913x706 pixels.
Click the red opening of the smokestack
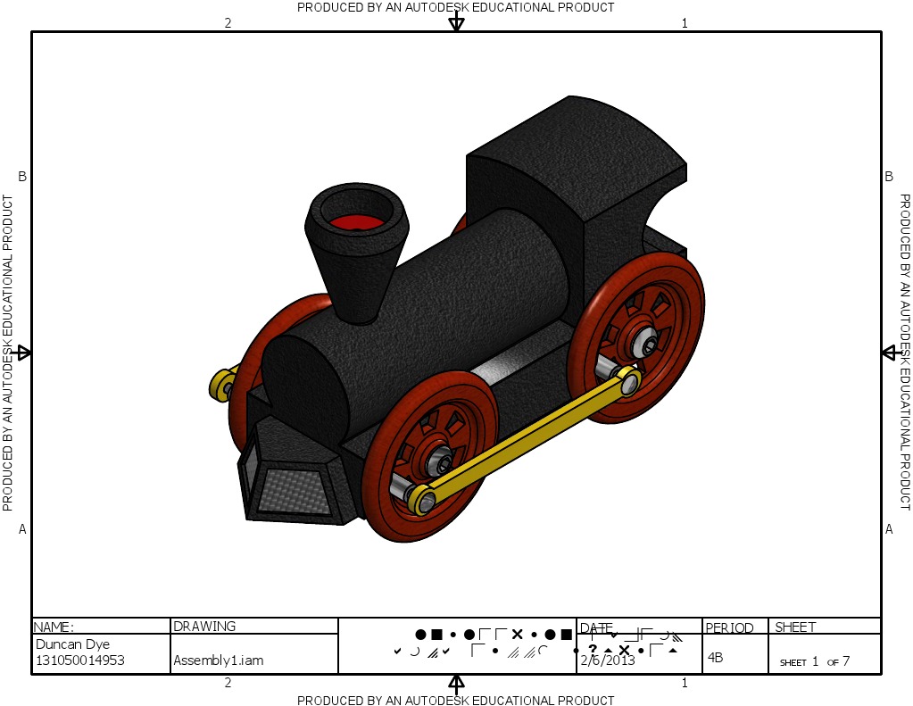(x=355, y=221)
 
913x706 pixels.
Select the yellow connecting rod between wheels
(x=527, y=438)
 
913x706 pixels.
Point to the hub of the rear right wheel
(x=649, y=343)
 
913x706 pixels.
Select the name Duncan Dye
(x=72, y=644)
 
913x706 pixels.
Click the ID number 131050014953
(x=79, y=660)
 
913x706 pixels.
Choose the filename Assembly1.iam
(x=218, y=661)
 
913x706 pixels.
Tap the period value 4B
(x=715, y=658)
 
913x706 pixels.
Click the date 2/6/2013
(x=608, y=660)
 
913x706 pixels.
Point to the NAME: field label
(x=54, y=627)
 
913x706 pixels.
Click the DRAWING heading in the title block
(x=204, y=627)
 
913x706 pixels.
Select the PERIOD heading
(x=730, y=627)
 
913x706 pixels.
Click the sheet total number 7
(x=845, y=661)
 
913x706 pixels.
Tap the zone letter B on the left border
(x=22, y=177)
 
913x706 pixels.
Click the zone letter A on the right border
(x=889, y=529)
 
